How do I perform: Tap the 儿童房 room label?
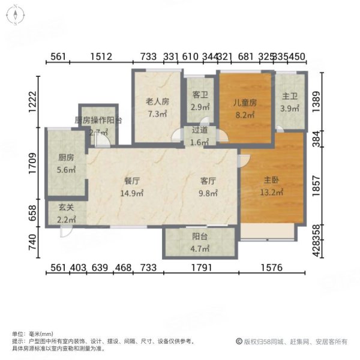click(245, 102)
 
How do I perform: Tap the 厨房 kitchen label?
click(66, 158)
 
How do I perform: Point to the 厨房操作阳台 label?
click(98, 120)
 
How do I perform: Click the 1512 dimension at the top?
click(101, 56)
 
